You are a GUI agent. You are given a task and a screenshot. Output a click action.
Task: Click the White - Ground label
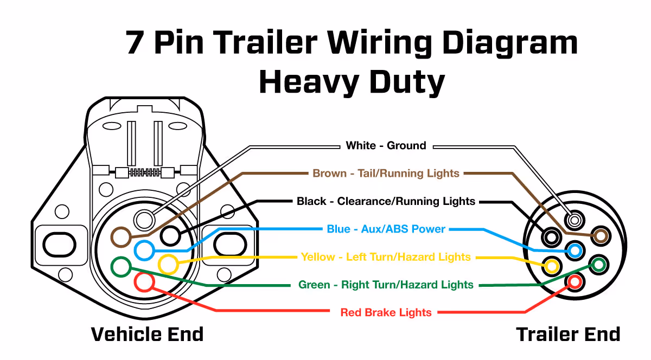coord(386,145)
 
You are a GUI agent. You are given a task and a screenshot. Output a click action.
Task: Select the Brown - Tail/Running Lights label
coord(386,173)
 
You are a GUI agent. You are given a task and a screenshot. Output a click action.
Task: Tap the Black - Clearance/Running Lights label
coord(386,202)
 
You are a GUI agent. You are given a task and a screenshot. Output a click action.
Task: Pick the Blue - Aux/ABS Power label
coord(386,229)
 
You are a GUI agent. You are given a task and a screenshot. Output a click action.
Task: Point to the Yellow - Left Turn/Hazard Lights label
coord(386,257)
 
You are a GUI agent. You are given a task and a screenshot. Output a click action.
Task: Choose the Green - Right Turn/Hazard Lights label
coord(386,285)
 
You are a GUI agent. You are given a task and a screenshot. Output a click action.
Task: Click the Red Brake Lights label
coord(386,312)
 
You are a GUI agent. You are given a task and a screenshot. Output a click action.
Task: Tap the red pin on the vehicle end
coord(144,282)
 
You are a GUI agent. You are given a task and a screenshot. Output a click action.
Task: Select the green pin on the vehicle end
coord(120,266)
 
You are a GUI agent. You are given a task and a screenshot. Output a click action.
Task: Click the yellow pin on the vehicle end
coord(168,265)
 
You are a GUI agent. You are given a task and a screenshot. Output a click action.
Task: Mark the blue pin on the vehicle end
coord(144,250)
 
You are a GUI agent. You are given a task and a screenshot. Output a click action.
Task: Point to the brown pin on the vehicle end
coord(120,237)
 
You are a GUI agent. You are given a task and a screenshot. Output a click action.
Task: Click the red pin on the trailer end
coord(575,282)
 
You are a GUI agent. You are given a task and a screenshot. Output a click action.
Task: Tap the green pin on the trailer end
coord(598,265)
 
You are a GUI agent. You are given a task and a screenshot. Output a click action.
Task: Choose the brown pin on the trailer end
coord(600,236)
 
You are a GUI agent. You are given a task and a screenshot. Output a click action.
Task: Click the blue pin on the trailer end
coord(575,251)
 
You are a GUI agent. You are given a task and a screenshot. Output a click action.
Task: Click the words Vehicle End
coord(147,334)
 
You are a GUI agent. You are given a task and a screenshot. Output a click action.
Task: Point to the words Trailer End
coord(568,334)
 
